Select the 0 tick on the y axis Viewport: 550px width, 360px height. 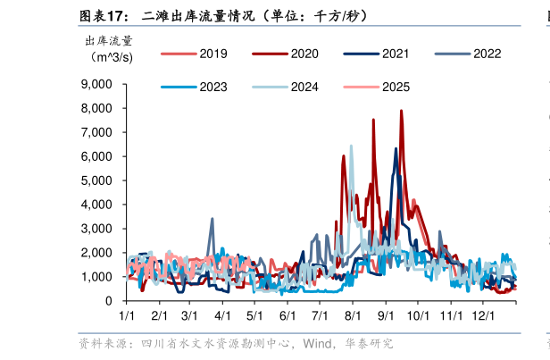coord(108,301)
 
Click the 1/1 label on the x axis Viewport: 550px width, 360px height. coord(127,316)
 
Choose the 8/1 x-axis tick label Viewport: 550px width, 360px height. coord(352,316)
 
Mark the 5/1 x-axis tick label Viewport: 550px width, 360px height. coord(254,316)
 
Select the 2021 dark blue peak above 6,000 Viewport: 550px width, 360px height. coord(396,149)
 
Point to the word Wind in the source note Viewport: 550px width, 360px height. coord(318,344)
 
